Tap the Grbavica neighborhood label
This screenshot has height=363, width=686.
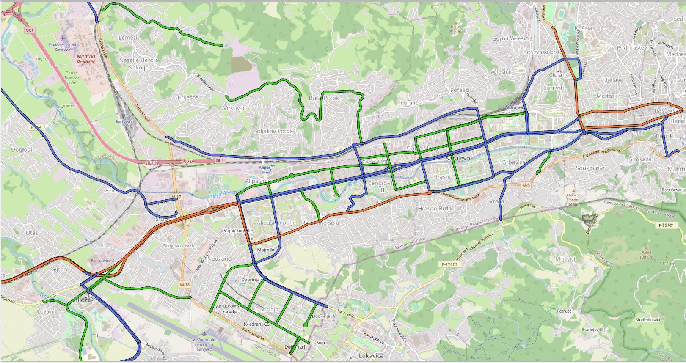pos(513,162)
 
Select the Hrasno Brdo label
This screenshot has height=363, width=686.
pos(434,209)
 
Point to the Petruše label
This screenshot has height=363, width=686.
pos(564,311)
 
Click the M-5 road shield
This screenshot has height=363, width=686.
pos(526,185)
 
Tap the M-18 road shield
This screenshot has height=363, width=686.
pos(185,285)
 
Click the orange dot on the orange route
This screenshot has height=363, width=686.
pos(430,192)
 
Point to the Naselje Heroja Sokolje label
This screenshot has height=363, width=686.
pos(138,63)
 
